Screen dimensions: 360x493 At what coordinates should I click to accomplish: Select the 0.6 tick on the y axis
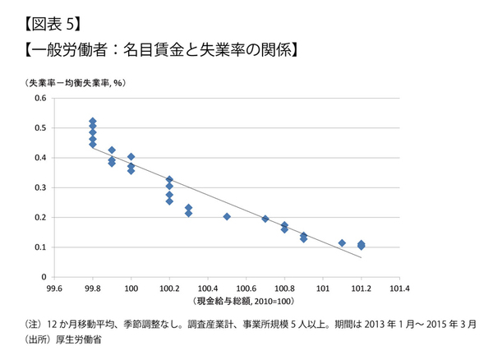[x=39, y=99]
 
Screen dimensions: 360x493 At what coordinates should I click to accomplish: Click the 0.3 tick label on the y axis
[x=39, y=187]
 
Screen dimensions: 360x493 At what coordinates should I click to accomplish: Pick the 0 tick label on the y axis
[x=44, y=276]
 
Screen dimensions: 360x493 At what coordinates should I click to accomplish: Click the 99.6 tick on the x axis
[x=54, y=288]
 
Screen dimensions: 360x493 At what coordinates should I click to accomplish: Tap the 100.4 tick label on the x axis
[x=208, y=288]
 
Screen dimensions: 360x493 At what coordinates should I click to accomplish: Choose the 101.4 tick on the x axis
[x=400, y=288]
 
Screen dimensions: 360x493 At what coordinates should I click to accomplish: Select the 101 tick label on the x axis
[x=323, y=288]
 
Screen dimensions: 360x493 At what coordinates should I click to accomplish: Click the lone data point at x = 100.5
[x=227, y=217]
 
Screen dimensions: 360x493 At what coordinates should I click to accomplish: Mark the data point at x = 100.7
[x=265, y=219]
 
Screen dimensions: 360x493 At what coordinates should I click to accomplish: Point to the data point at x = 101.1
[x=342, y=242]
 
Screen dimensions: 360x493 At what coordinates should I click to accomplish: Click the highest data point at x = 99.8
[x=93, y=122]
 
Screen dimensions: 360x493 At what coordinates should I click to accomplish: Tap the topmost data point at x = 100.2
[x=169, y=179]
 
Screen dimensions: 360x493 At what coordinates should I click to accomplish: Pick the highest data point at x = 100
[x=131, y=157]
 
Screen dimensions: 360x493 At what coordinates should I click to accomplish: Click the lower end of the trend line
[x=361, y=257]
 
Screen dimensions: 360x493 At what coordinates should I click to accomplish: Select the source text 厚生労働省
[x=73, y=338]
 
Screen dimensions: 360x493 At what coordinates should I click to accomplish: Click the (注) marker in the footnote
[x=35, y=323]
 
